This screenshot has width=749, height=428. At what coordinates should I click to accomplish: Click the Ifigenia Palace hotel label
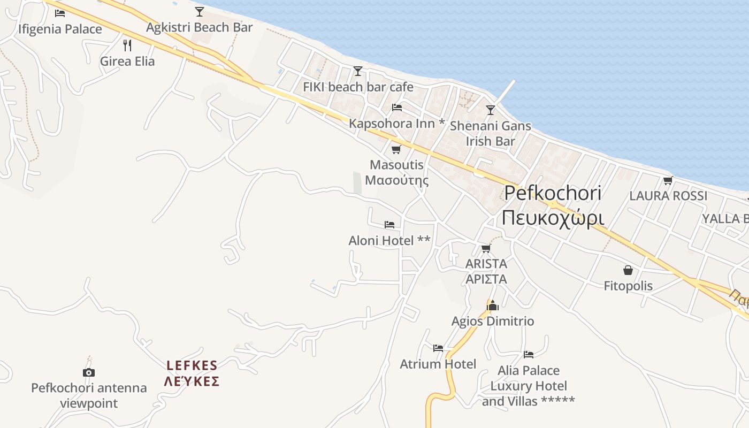coord(60,29)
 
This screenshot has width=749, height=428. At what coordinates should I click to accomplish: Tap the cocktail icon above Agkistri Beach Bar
coord(200,11)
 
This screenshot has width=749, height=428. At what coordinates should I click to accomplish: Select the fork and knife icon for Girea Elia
coord(127,45)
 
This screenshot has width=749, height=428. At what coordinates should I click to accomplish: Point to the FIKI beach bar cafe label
coord(358,87)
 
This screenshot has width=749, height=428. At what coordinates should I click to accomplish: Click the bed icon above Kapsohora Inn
coord(397,107)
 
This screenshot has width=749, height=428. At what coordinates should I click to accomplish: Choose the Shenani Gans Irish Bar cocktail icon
coord(490,110)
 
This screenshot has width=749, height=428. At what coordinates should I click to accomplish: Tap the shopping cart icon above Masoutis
coord(396,149)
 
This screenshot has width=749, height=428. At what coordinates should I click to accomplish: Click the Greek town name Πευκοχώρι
coord(553,218)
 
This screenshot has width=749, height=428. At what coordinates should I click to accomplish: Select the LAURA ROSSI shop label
coord(668,196)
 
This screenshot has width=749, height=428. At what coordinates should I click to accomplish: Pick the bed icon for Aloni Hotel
coord(389,224)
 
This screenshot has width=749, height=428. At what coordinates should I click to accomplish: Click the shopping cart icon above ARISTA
coord(486,248)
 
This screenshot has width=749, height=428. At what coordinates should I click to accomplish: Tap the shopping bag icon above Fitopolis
coord(628,270)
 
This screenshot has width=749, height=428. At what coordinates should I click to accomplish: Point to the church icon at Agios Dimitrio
coord(493,305)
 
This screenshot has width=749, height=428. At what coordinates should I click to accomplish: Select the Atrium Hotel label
coord(438,364)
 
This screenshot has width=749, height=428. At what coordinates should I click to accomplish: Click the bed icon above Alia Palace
coord(529,354)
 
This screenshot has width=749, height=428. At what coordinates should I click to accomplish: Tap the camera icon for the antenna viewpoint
coord(89,372)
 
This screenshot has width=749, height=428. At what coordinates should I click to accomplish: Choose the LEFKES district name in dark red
coord(192,365)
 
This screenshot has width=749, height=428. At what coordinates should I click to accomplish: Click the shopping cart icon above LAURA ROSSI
coord(668,180)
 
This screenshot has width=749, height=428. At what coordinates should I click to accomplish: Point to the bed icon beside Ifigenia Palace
coord(60,13)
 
